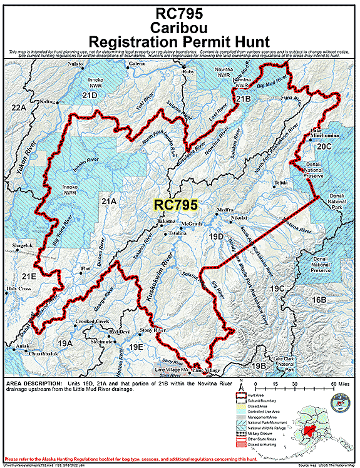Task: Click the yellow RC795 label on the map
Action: pos(176,205)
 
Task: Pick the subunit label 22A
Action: pos(20,108)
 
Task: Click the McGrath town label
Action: pos(191,224)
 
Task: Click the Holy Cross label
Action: pos(19,288)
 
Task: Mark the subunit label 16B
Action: pos(319,300)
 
